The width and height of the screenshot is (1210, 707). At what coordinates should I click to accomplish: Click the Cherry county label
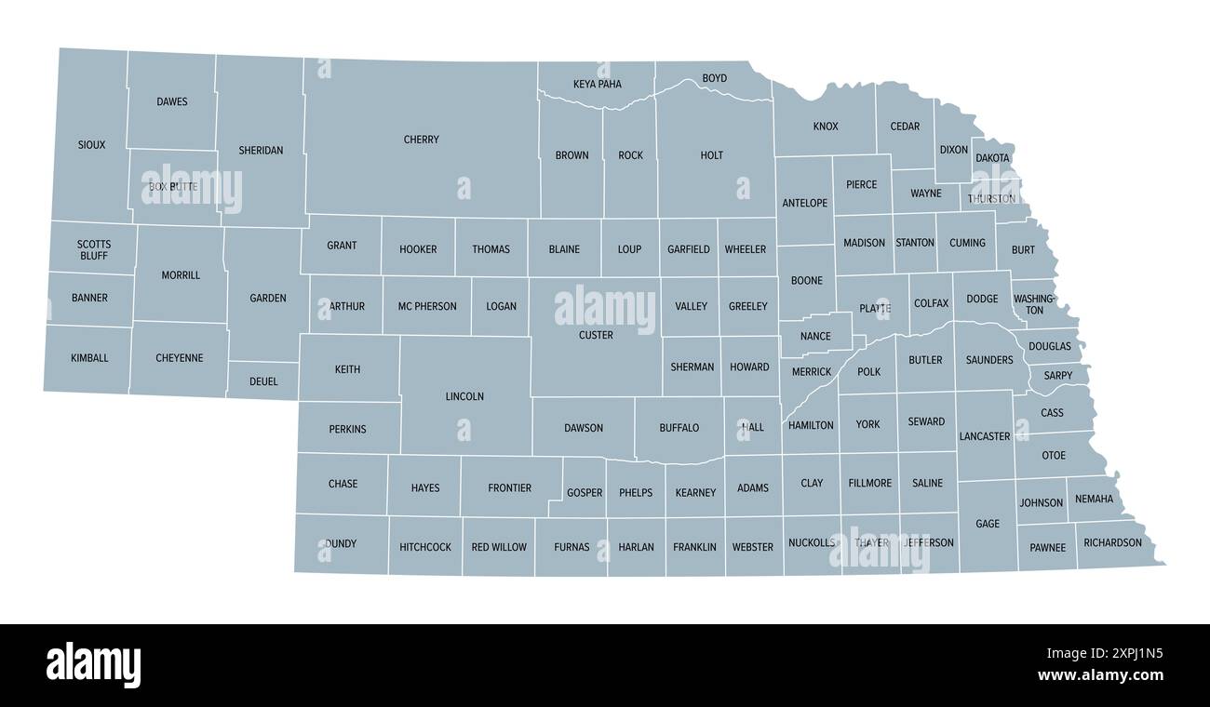click(422, 140)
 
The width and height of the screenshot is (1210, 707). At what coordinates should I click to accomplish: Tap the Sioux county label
click(91, 145)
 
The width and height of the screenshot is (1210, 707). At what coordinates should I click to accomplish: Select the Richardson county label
click(1112, 542)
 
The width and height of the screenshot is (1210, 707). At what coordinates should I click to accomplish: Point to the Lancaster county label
click(984, 436)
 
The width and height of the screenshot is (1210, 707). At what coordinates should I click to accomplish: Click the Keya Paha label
click(597, 84)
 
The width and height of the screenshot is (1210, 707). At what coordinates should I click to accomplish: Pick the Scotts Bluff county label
click(93, 250)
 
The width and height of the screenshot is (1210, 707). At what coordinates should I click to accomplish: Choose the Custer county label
click(596, 335)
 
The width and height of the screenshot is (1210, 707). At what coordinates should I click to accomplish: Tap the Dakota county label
click(992, 158)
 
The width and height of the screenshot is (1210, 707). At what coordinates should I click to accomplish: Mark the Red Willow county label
click(499, 547)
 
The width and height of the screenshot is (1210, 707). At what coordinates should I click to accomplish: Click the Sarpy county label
click(1058, 376)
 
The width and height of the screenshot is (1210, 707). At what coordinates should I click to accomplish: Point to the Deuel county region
click(263, 381)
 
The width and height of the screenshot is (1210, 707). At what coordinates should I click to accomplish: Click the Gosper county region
click(585, 493)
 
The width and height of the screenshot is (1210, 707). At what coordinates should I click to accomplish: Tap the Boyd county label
click(714, 78)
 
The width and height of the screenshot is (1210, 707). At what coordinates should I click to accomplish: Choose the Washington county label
click(1034, 304)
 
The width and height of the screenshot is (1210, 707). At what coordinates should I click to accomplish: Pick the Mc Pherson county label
click(427, 306)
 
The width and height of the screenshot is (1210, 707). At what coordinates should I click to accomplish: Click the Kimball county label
click(89, 358)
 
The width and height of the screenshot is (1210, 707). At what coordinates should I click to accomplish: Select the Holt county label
click(711, 155)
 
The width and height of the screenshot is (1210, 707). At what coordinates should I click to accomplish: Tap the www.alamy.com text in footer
click(1100, 675)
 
